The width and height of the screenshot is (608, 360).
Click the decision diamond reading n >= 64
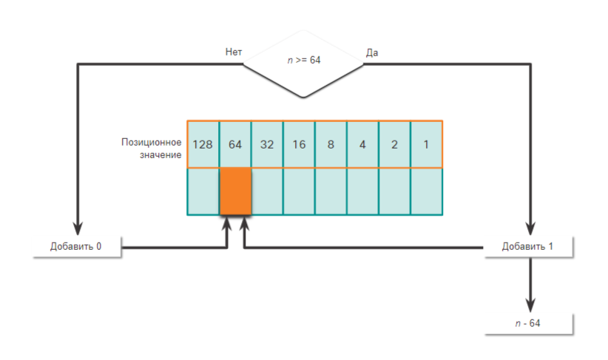click(x=303, y=61)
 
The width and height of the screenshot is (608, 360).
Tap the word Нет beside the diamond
click(x=234, y=52)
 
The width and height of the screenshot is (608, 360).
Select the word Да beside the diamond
click(x=372, y=52)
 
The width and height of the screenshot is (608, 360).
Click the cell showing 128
click(x=203, y=144)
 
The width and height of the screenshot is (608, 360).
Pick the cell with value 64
click(x=235, y=144)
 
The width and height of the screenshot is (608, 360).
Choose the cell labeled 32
click(x=267, y=144)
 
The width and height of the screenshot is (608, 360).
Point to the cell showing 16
click(x=299, y=144)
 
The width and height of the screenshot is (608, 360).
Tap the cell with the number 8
click(x=331, y=144)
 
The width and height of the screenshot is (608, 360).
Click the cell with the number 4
click(x=362, y=144)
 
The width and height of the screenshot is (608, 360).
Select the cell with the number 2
click(x=394, y=144)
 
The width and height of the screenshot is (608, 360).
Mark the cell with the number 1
click(x=426, y=144)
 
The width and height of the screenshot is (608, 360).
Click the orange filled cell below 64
click(x=235, y=191)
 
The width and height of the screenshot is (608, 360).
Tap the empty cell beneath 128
click(x=203, y=191)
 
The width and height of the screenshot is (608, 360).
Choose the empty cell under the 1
click(x=426, y=191)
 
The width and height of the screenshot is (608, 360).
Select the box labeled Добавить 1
click(x=527, y=246)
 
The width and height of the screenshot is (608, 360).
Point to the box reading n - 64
click(x=528, y=323)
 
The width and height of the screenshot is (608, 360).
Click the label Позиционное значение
click(x=152, y=148)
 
